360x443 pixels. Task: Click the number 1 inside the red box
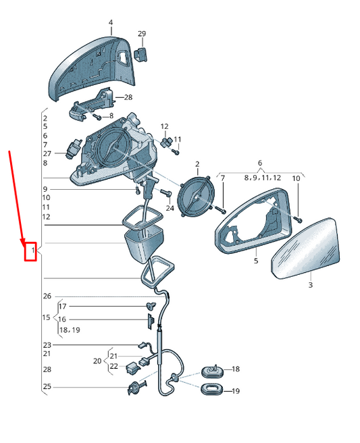tap(33, 251)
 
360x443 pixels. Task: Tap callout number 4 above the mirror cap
tap(111, 22)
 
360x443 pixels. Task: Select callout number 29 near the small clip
tap(142, 34)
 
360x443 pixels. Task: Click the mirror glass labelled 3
tap(305, 248)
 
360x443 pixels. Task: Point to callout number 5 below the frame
tap(256, 260)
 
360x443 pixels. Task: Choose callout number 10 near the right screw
tap(296, 178)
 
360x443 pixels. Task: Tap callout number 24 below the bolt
tap(170, 208)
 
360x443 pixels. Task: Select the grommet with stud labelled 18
tap(212, 370)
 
